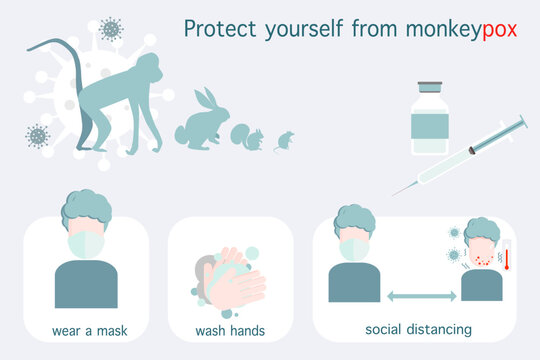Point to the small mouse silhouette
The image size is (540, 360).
tap(284, 140)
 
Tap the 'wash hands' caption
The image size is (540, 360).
tap(230, 329)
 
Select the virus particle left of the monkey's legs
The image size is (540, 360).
tap(38, 135)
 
